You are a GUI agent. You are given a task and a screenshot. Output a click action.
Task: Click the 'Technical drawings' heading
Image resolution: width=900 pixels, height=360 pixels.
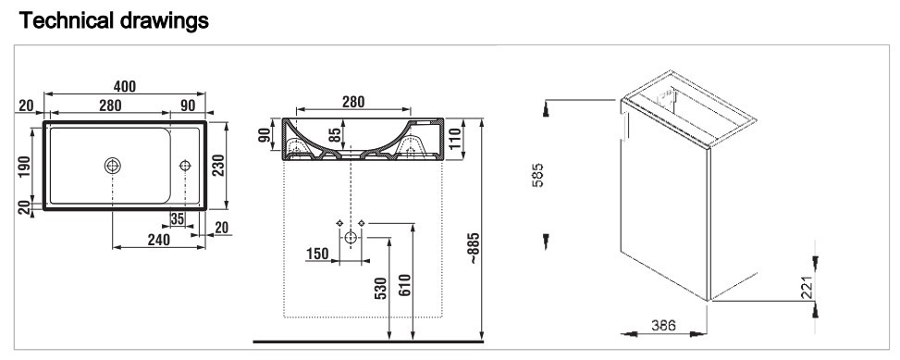(x=114, y=20)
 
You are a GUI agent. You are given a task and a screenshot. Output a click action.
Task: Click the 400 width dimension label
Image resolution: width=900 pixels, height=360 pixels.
(x=125, y=86)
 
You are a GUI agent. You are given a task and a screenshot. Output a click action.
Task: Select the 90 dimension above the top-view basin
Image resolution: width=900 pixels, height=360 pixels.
(x=188, y=106)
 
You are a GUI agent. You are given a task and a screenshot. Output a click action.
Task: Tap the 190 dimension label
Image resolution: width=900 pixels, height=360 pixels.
(x=24, y=168)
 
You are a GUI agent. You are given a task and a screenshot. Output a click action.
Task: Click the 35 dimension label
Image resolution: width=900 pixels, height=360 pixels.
(x=178, y=218)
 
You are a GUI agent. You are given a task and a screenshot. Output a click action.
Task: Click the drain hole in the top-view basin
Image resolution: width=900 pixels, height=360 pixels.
(x=113, y=166)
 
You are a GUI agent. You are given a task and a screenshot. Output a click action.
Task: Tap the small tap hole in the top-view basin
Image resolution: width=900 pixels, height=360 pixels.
(x=185, y=166)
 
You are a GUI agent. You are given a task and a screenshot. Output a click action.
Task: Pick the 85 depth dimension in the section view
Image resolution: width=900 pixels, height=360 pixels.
(x=335, y=135)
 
